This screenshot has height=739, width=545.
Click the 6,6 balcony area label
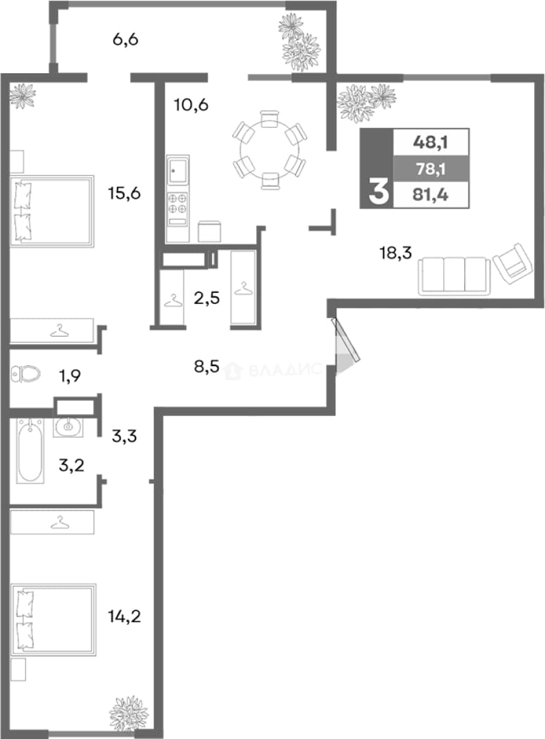[x=125, y=39]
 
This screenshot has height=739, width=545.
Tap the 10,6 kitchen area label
[x=191, y=105]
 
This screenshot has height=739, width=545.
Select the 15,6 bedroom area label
[x=124, y=193]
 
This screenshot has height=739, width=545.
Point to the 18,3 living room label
[x=396, y=253]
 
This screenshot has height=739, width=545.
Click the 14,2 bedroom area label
[x=124, y=616]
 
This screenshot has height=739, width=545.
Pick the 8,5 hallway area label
[x=207, y=366]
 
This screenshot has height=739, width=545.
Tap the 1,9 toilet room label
[x=70, y=376]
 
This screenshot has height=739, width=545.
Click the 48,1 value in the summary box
[x=431, y=142]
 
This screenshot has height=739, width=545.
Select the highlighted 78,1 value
[x=431, y=168]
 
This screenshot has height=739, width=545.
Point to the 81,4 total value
[x=431, y=194]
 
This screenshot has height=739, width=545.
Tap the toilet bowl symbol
[x=26, y=375]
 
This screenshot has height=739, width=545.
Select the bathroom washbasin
[x=68, y=427]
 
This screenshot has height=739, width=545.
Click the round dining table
[x=270, y=150]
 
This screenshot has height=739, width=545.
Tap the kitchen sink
[x=178, y=170]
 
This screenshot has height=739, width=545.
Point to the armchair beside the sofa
[x=511, y=264]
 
